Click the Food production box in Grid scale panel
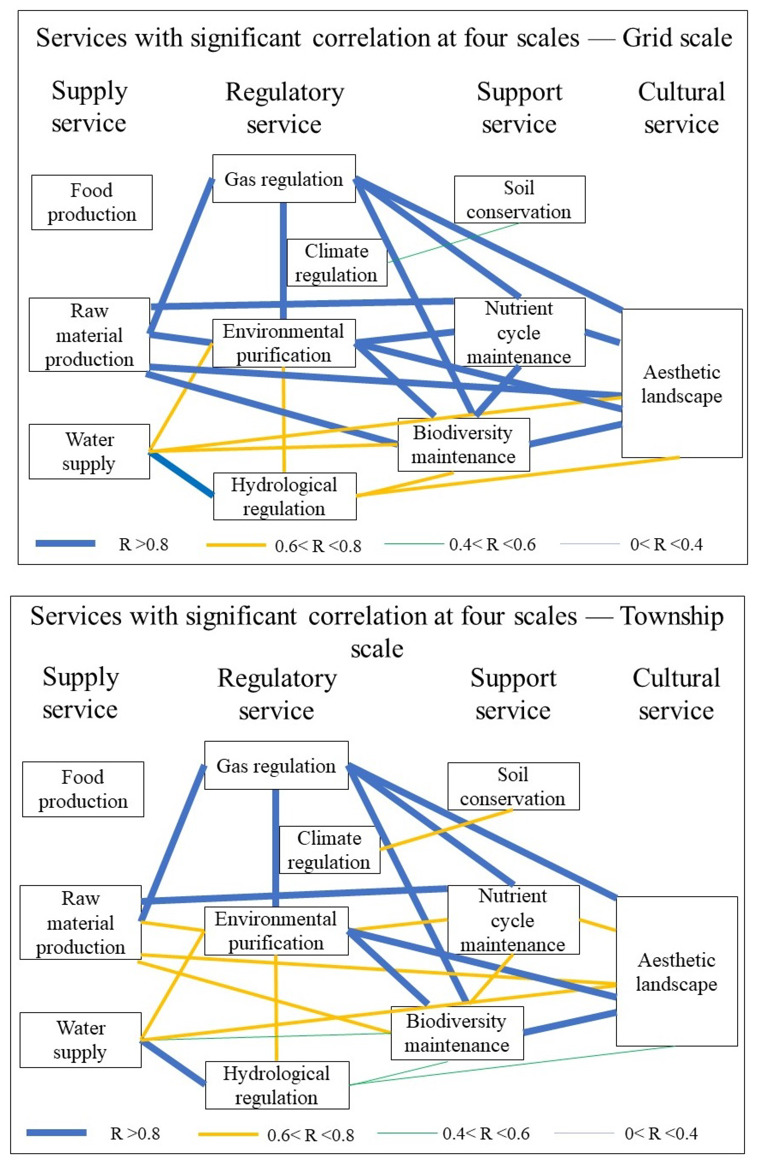(92, 202)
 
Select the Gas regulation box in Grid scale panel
(284, 179)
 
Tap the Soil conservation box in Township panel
(513, 786)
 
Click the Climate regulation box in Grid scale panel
(337, 263)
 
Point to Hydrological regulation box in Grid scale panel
(284, 496)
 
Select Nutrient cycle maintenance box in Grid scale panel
(519, 332)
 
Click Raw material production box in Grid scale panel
(89, 335)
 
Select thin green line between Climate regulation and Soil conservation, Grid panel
(453, 242)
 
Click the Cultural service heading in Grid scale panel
(681, 108)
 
